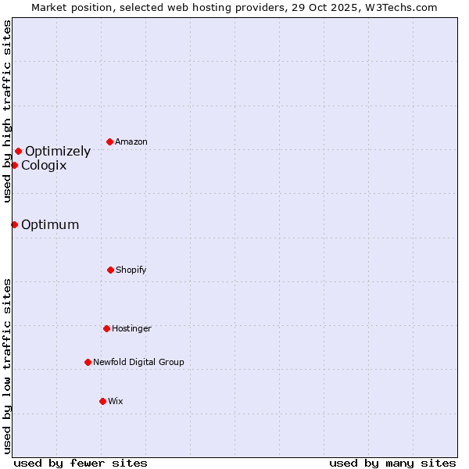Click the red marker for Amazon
[x=110, y=141]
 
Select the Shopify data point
[x=110, y=270]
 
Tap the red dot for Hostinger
[x=106, y=328]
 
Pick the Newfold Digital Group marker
[x=88, y=362]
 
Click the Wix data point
[x=102, y=401]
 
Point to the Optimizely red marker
[x=18, y=151]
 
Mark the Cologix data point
[x=14, y=165]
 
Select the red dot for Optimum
[x=14, y=224]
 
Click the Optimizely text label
[x=58, y=152]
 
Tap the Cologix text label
[x=44, y=166]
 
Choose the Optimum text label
[x=50, y=225]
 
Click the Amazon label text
[x=131, y=142]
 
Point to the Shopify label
[x=131, y=270]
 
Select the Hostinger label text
[x=131, y=329]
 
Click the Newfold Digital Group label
[x=138, y=363]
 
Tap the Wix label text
[x=116, y=402]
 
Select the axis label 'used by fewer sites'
[x=81, y=463]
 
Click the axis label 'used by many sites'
[x=392, y=463]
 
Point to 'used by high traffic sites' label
[x=7, y=111]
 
